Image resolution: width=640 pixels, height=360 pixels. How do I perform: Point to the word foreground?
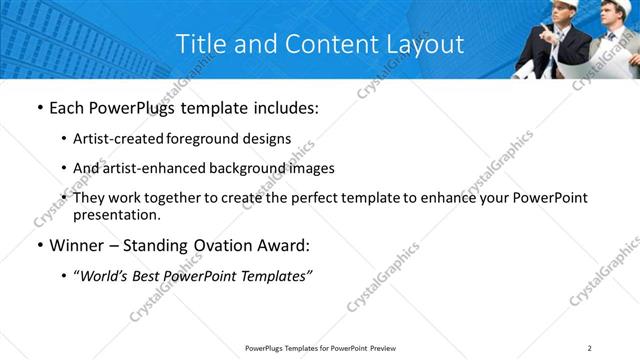coord(209,139)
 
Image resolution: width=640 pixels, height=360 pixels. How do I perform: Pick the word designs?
coord(267,139)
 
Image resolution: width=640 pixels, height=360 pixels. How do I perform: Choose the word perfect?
coord(315,198)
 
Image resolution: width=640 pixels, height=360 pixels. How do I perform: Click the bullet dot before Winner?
coord(38,245)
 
